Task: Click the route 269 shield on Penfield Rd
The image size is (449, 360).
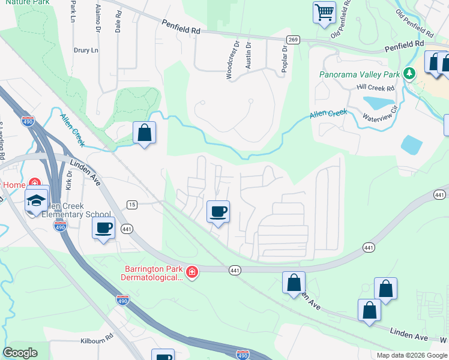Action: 293,40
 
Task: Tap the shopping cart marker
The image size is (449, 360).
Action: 324,11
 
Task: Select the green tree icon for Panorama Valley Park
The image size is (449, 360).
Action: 409,73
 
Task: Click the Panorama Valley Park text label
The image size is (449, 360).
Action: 360,75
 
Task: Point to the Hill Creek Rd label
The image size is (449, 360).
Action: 376,88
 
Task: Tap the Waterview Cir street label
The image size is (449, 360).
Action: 380,114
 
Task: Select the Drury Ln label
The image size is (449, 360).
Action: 85,50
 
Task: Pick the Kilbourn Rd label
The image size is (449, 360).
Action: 97,340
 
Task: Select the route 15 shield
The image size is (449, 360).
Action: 132,205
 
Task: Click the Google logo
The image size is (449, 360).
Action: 20,353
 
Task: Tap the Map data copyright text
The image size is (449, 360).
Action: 411,355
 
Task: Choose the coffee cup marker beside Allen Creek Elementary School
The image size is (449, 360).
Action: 104,228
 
